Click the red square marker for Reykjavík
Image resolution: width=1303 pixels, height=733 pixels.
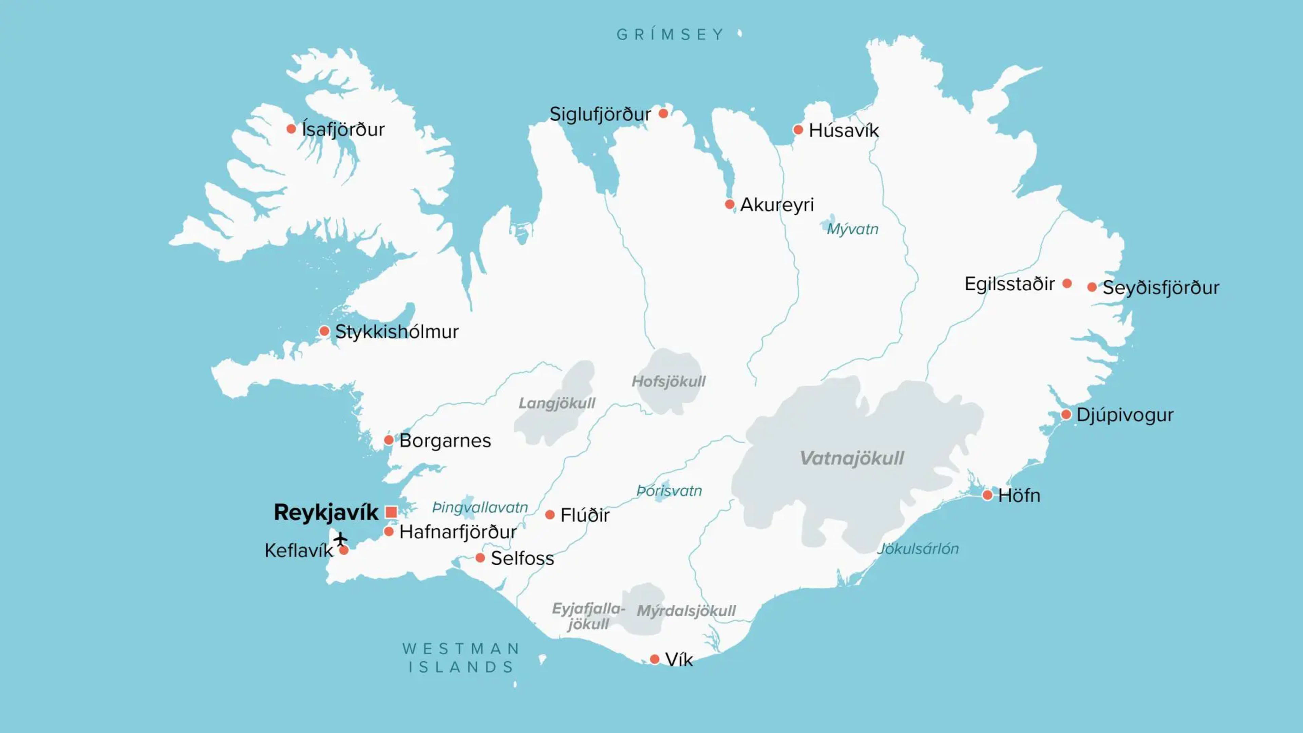(x=391, y=512)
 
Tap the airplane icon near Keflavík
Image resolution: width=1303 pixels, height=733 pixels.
(x=340, y=538)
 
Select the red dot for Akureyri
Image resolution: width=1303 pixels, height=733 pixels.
(x=730, y=204)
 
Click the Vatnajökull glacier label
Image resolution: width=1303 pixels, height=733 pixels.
(x=851, y=458)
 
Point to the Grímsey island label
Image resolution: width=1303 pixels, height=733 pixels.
(x=670, y=34)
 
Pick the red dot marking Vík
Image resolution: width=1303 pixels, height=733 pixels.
(x=655, y=659)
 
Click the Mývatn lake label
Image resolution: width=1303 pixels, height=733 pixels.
(x=852, y=229)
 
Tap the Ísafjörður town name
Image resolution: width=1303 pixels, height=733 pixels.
(x=343, y=130)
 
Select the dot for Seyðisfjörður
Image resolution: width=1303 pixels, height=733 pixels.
(x=1092, y=287)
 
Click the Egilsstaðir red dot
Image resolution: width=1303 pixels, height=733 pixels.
(x=1067, y=283)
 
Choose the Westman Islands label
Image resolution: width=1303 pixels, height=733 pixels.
(x=461, y=658)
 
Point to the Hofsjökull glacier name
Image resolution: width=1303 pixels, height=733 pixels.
(x=668, y=381)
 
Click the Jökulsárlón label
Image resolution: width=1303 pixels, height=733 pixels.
(x=918, y=549)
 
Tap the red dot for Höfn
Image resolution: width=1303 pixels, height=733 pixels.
(x=987, y=495)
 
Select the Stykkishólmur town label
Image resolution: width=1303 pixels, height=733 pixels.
(x=397, y=332)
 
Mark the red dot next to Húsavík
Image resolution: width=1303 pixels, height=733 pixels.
(x=798, y=130)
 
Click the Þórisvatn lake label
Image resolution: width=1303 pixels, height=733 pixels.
(x=669, y=491)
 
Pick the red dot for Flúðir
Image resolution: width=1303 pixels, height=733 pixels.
(x=550, y=515)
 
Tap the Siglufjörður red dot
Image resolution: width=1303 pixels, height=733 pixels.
(x=663, y=113)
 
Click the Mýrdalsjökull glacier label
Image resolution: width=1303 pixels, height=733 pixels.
(x=686, y=611)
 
